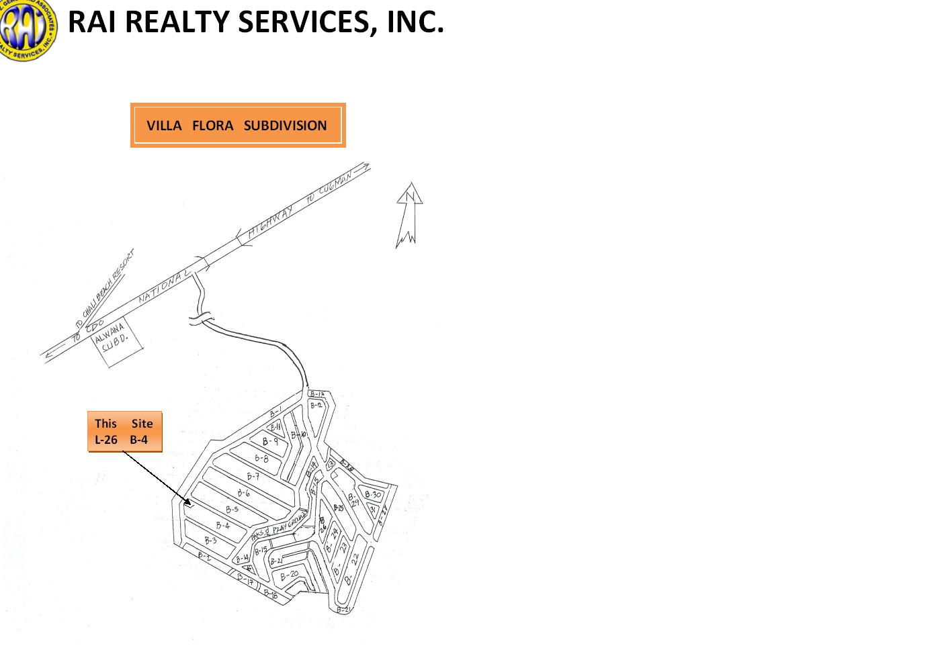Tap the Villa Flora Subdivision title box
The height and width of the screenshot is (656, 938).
tap(237, 126)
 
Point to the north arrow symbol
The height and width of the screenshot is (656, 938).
tap(408, 215)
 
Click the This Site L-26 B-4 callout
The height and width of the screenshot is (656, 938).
tap(124, 432)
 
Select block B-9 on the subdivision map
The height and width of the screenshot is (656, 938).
tap(270, 442)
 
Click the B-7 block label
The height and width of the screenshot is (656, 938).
tap(253, 477)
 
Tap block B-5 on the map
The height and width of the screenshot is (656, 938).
tap(232, 510)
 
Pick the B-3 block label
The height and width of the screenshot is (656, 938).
tap(210, 541)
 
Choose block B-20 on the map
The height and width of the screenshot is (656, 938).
tap(290, 575)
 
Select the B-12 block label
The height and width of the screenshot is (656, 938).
tap(316, 406)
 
